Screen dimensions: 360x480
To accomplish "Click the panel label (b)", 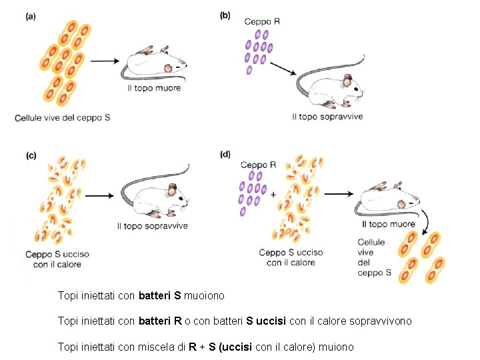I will point(225,15).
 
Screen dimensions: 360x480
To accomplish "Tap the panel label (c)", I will point(31,155).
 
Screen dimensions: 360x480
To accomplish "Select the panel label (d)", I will point(225,154).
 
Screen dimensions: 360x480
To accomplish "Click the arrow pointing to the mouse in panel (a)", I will point(105,61).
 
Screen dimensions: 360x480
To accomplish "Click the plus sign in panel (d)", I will point(273,195).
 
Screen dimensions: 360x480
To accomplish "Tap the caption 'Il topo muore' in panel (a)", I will point(154,88).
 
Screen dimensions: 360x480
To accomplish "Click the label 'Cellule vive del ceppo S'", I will point(63,117).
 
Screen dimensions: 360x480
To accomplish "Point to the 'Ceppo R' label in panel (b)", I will point(262,21).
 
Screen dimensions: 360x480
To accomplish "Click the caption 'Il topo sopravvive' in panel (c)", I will point(152,226).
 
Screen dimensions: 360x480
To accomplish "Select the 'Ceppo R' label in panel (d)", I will point(258,165).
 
